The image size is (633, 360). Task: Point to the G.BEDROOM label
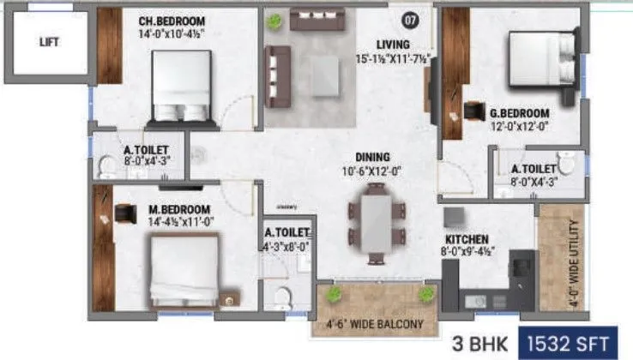point(519,113)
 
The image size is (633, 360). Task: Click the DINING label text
point(374,157)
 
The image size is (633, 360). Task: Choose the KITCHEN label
point(467,238)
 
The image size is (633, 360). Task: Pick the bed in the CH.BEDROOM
point(179,86)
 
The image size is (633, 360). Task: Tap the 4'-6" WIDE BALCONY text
point(376,323)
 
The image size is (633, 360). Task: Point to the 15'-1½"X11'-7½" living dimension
point(395,59)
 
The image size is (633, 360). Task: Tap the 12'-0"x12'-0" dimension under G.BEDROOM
point(519,127)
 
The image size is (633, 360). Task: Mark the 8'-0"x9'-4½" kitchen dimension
point(469,253)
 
